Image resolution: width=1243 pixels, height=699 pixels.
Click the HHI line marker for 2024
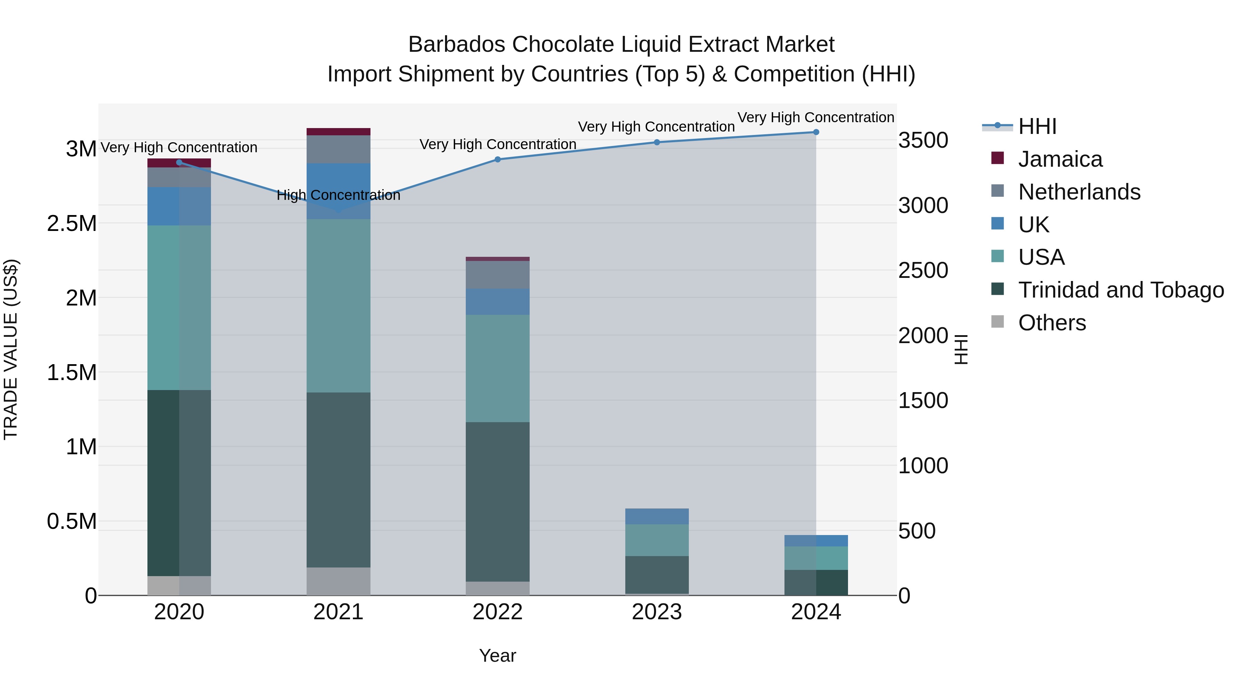(816, 132)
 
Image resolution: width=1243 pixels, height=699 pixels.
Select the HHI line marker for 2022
(498, 159)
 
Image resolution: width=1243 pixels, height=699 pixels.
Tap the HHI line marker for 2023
(657, 142)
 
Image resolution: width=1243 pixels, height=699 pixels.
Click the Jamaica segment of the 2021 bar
(338, 132)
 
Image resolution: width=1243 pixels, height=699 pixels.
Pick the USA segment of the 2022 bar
(498, 369)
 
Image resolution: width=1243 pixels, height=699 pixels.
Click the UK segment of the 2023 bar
(657, 516)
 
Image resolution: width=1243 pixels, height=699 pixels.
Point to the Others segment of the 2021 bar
(338, 581)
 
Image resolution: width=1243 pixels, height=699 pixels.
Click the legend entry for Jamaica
(1060, 159)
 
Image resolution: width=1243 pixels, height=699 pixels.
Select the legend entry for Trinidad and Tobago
(1120, 290)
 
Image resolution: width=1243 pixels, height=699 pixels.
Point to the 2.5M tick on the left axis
(72, 224)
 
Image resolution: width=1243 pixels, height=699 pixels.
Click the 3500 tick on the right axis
(923, 140)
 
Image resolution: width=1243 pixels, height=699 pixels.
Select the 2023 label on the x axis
(657, 612)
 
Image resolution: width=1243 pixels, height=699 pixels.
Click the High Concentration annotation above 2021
(338, 195)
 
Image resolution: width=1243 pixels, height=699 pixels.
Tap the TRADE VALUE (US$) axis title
(11, 349)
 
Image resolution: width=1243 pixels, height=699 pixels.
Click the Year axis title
(498, 656)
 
